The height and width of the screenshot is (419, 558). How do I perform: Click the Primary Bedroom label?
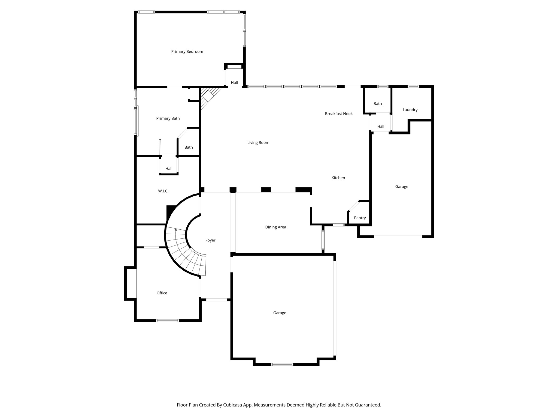tap(187, 52)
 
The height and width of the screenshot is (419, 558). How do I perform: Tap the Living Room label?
tap(258, 143)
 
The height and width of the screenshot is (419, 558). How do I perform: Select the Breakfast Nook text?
tap(339, 114)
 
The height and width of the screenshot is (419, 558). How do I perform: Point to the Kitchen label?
tap(338, 178)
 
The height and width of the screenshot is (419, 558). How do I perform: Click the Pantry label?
tap(360, 218)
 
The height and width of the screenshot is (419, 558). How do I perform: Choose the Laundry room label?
tap(410, 110)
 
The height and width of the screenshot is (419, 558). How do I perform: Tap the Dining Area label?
tap(275, 227)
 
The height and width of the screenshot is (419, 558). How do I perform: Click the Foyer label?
tap(210, 240)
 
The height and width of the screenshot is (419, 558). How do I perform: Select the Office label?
tap(162, 293)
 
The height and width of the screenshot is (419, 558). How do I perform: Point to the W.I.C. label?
tap(163, 191)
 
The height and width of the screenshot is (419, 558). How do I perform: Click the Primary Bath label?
tap(168, 118)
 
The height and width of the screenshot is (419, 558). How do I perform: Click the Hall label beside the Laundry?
tap(381, 126)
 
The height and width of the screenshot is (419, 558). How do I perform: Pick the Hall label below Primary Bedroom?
tap(234, 83)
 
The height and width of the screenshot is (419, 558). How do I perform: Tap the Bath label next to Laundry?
tap(378, 104)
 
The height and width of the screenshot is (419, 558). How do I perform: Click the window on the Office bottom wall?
tap(167, 321)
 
